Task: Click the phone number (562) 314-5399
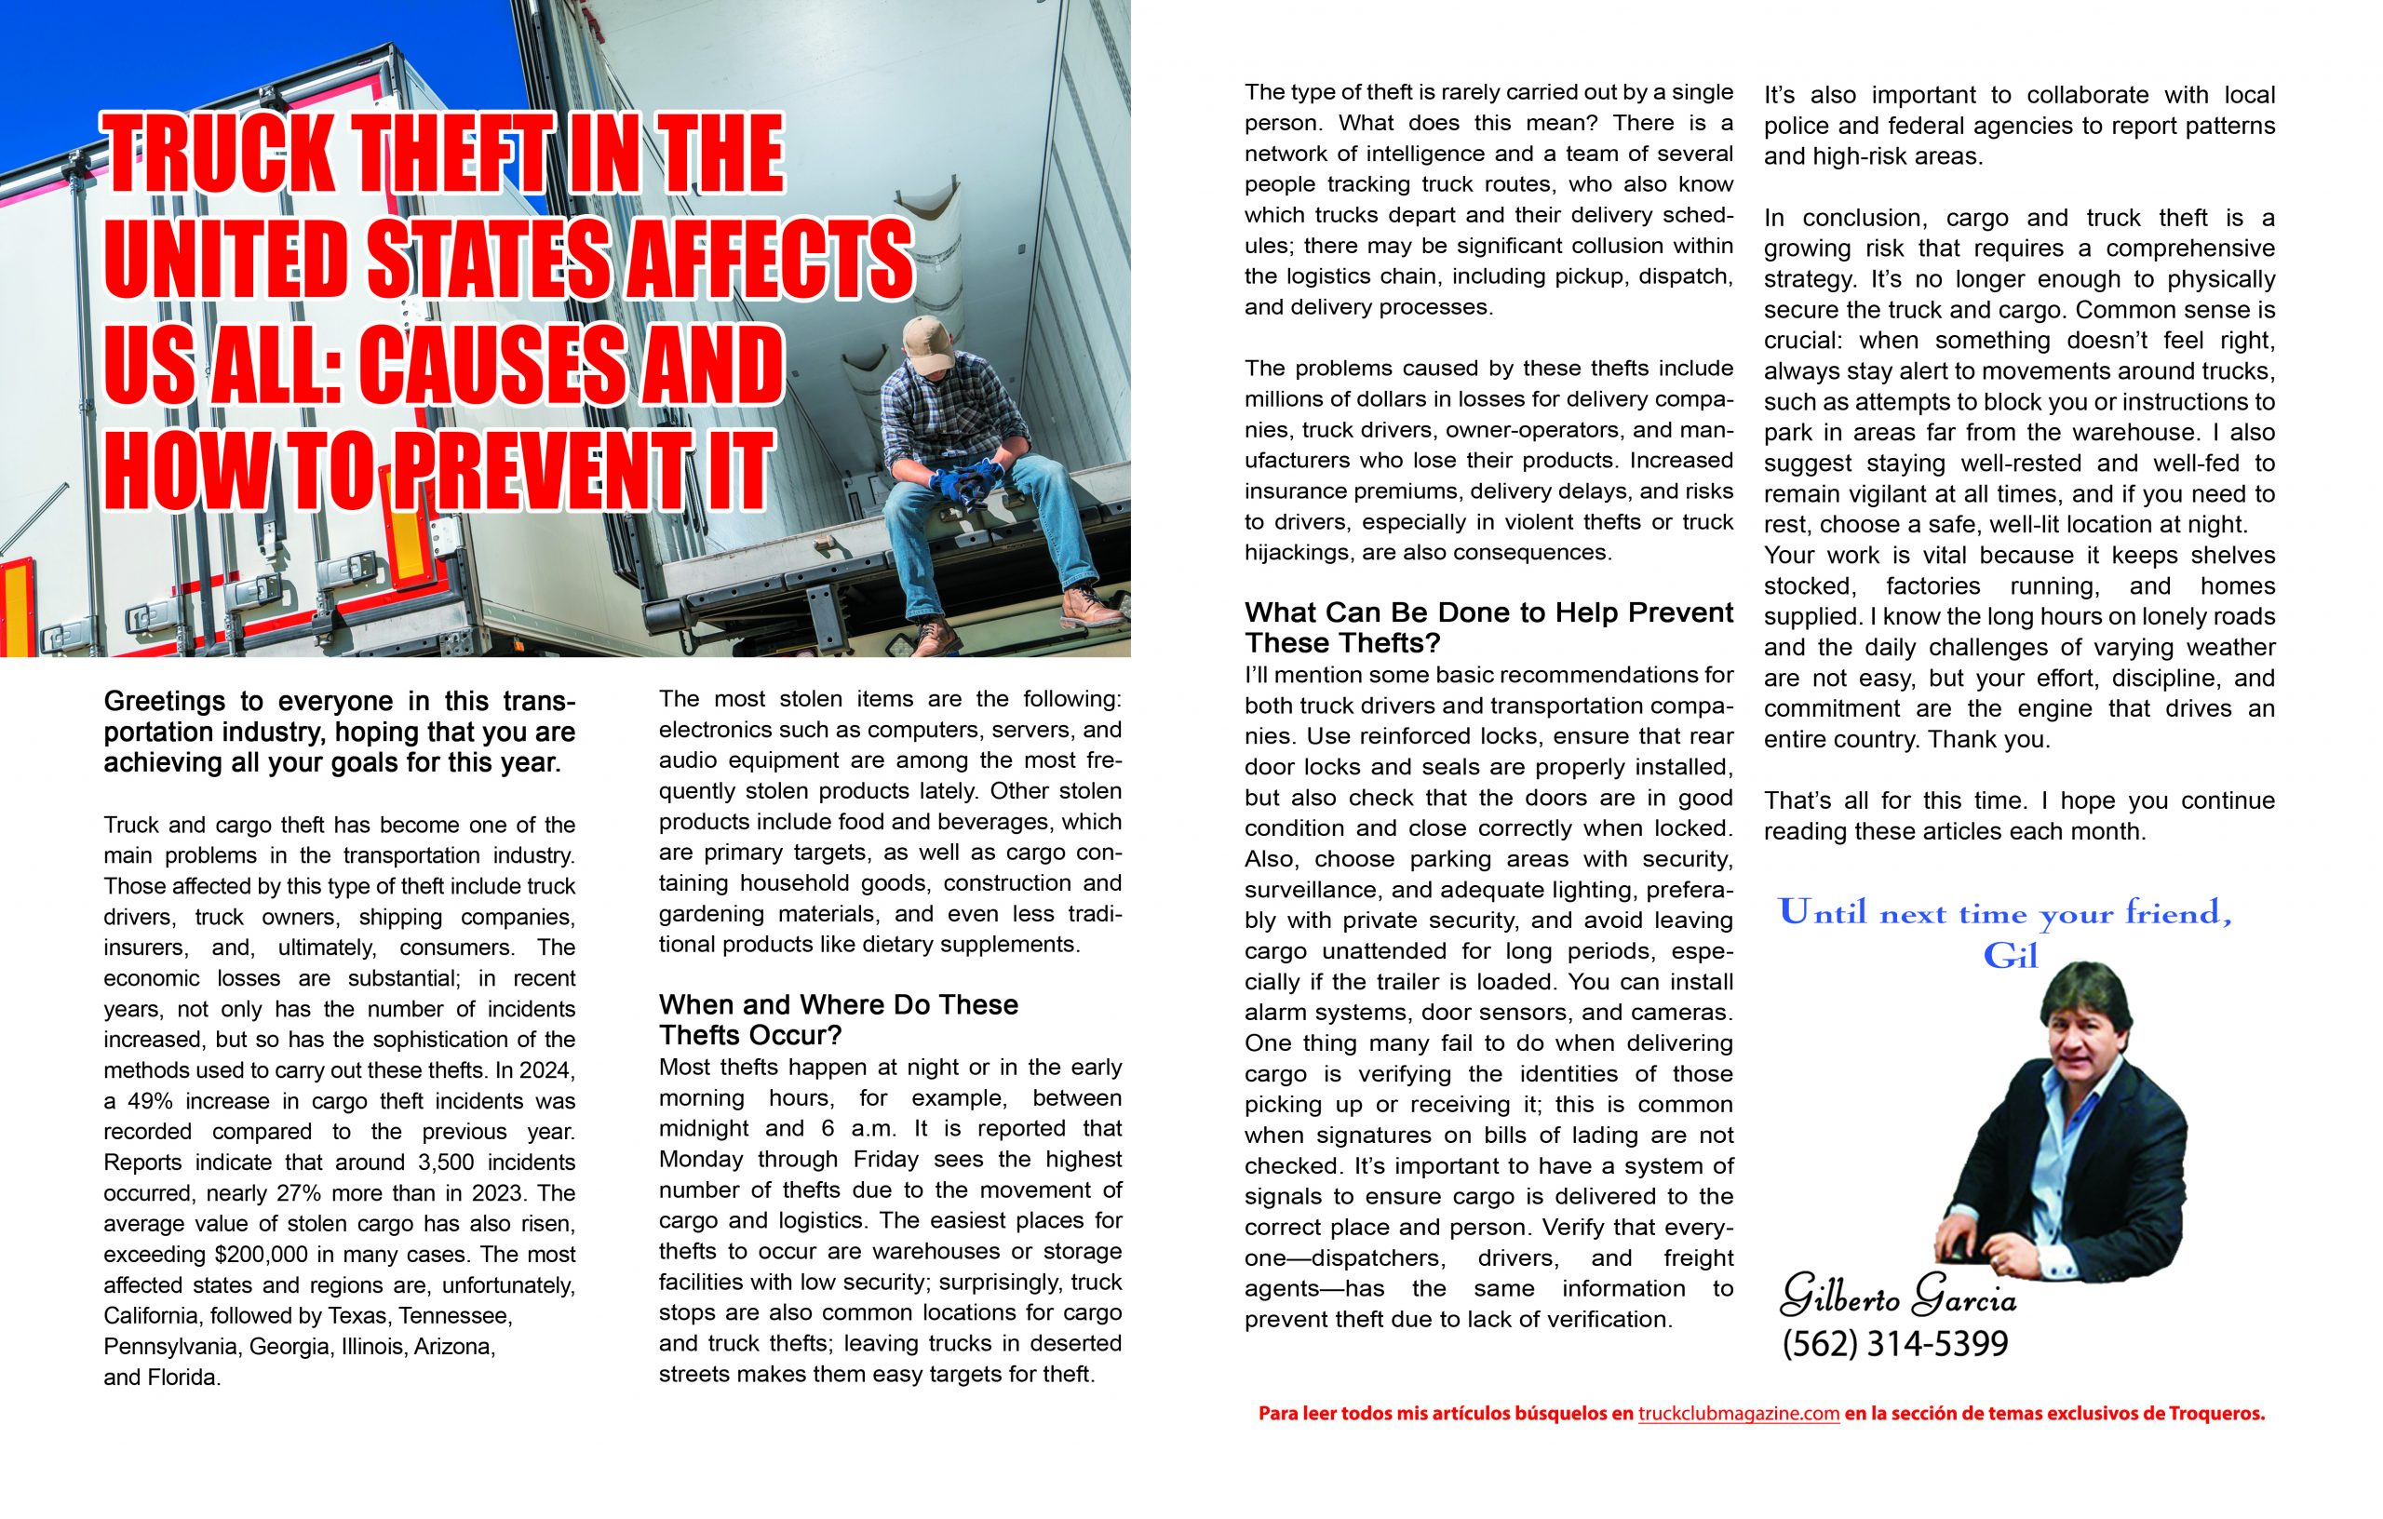1894,1344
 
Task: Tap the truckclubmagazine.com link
1738,1414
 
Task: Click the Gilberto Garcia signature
1897,1296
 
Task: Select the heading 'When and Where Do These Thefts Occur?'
837,1019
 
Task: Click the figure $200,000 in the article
261,1255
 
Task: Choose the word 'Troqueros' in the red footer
2214,1414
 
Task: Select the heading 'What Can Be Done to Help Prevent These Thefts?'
1488,627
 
